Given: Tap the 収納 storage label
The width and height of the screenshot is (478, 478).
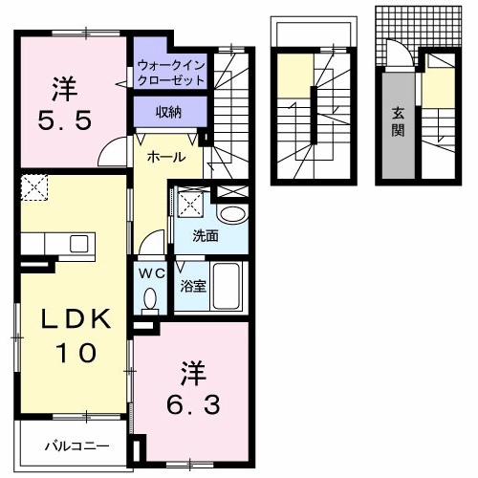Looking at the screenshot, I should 169,113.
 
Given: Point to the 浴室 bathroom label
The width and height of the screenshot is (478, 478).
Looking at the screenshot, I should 194,285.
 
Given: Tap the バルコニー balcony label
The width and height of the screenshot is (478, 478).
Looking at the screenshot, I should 76,445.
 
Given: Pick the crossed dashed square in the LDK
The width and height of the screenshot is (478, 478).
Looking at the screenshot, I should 34,187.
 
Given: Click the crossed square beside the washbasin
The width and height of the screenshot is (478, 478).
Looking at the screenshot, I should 190,204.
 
